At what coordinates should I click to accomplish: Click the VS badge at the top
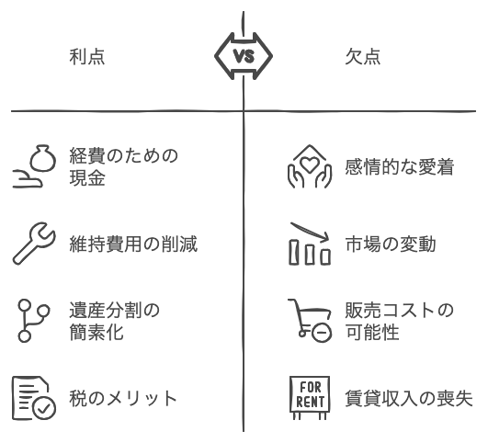[244, 56]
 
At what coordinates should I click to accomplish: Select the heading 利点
[87, 57]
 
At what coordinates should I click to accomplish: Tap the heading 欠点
[363, 57]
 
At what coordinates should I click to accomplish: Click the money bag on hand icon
[34, 166]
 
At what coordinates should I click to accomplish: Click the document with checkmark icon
[34, 398]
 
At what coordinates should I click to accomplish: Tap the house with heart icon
[310, 166]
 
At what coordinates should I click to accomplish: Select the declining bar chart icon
[310, 244]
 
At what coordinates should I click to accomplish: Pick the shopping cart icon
[310, 321]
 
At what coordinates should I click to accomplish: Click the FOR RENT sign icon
[310, 398]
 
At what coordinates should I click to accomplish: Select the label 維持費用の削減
[133, 244]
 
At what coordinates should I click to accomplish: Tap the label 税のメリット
[123, 398]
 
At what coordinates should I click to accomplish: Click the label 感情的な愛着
[400, 166]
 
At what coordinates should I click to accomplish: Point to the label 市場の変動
[391, 244]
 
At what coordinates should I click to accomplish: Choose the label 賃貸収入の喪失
[409, 398]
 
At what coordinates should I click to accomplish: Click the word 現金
[87, 177]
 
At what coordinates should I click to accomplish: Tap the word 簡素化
[96, 332]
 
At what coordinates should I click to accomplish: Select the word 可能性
[372, 332]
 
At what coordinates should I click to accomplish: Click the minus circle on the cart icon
[322, 333]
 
